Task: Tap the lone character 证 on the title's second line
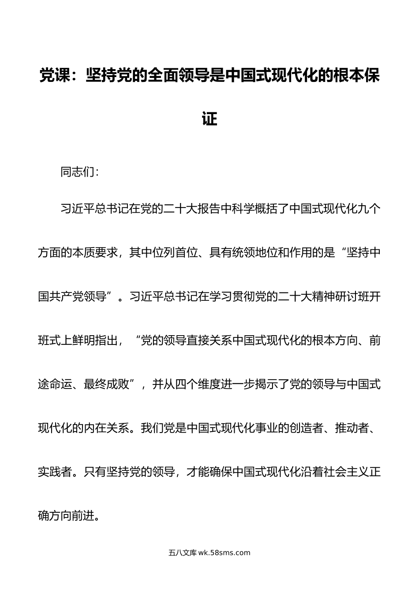click(209, 119)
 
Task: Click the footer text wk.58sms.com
click(224, 553)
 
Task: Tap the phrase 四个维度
click(198, 385)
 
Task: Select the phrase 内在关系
click(107, 428)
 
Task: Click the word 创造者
click(306, 428)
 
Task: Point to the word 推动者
click(352, 428)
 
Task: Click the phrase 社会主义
click(346, 472)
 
